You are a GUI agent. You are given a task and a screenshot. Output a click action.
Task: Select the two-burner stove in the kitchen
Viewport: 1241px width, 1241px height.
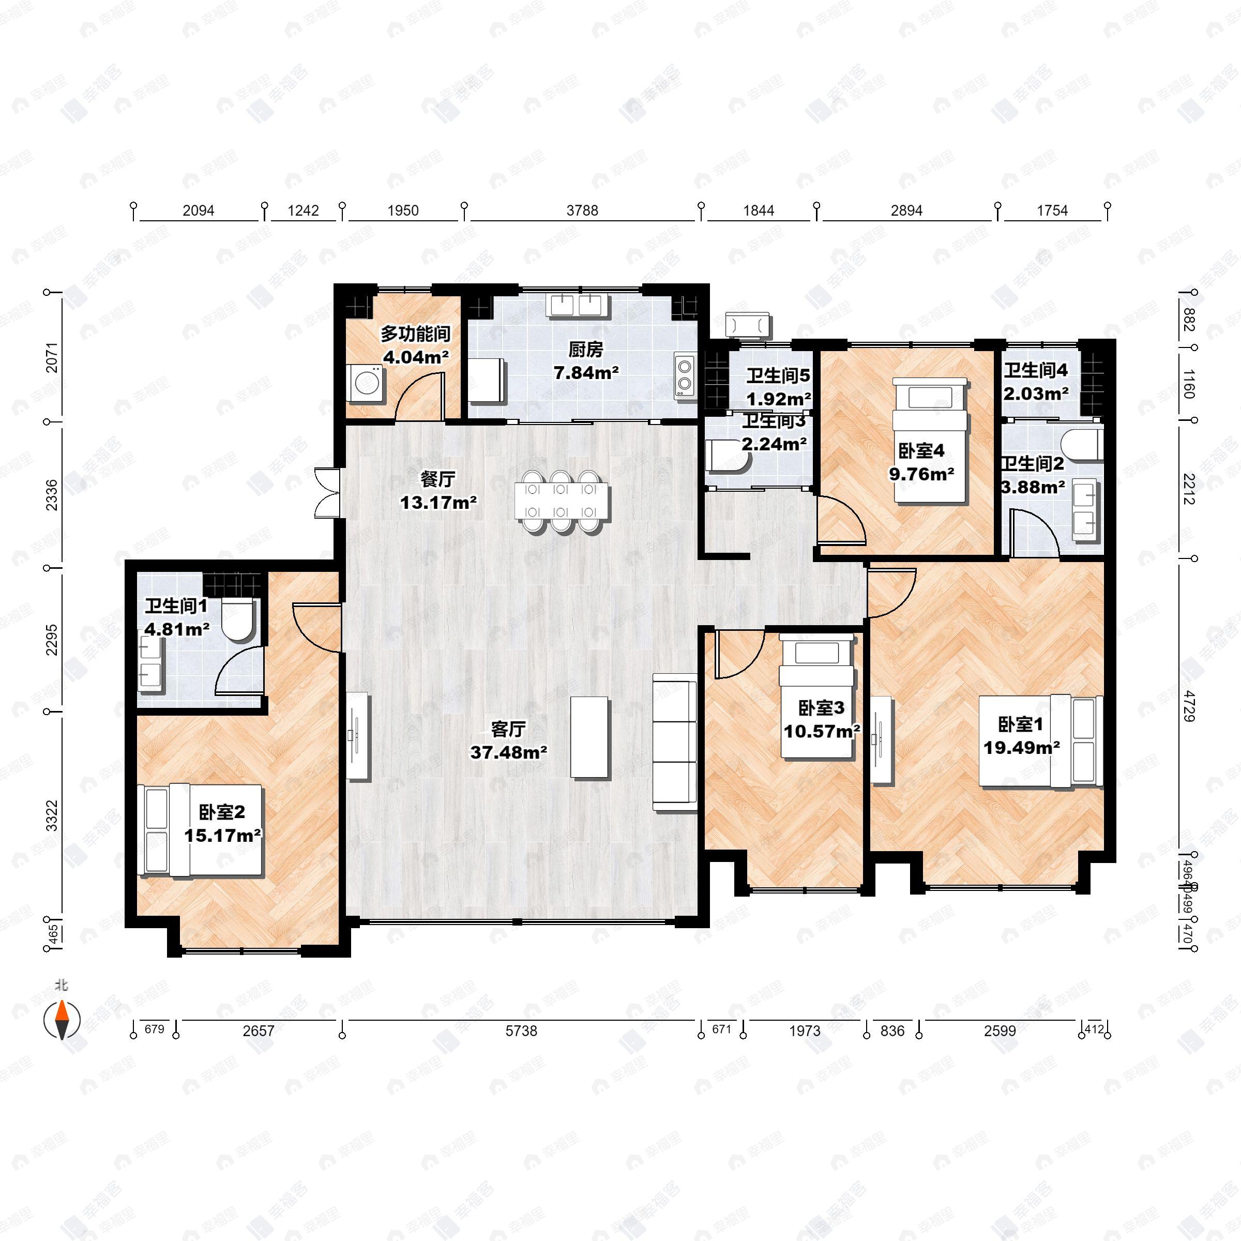pos(685,375)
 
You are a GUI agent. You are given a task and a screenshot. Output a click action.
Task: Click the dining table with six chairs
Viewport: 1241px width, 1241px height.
pos(560,501)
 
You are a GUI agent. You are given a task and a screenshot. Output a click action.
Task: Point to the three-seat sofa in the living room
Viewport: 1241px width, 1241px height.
pos(674,742)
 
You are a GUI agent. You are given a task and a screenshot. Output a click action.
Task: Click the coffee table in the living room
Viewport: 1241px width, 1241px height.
pos(589,738)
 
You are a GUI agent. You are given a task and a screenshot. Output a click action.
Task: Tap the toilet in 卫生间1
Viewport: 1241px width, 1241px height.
pos(239,620)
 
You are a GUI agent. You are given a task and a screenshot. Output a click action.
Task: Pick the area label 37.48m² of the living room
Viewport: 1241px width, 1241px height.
pos(508,751)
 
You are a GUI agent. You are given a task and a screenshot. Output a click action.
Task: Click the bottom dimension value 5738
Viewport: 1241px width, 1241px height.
pos(521,1031)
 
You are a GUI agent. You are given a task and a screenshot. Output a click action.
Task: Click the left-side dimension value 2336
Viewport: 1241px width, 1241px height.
pos(51,495)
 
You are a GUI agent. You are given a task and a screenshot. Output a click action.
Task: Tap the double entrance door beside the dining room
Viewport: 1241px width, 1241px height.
pos(326,493)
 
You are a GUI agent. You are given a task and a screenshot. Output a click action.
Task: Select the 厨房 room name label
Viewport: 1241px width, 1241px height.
pos(586,350)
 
